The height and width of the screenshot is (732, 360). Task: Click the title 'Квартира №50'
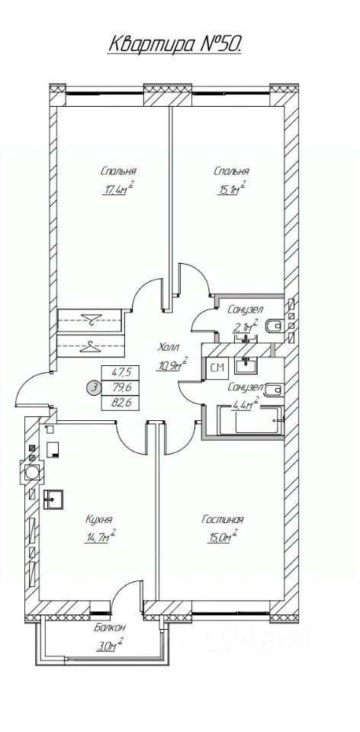pos(175,44)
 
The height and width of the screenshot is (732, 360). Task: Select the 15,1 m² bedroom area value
pos(230,188)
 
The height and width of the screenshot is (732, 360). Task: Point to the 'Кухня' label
pos(99,519)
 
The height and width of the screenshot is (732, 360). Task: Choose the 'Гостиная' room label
pos(223,519)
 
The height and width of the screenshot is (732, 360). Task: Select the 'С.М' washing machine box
pos(217,368)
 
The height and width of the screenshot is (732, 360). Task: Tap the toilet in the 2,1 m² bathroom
pos(273,326)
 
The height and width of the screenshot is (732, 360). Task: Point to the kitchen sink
pos(53,499)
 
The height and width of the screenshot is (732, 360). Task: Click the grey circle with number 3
pos(95,387)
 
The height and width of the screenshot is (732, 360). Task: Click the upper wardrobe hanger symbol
pos(91,319)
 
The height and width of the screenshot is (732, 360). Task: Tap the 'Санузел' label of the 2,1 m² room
pos(246,309)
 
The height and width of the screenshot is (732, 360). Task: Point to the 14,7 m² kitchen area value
pos(100,536)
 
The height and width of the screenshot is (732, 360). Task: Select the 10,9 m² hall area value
pos(172,364)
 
